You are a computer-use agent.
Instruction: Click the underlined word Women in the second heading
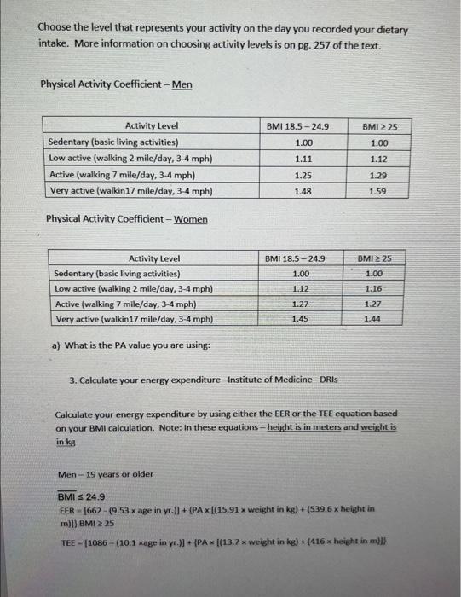[191, 219]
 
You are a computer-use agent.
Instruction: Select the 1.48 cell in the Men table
[303, 191]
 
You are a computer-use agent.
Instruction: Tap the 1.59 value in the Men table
[378, 191]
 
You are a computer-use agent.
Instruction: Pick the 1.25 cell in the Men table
[303, 175]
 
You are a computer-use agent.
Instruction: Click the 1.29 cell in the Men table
[378, 175]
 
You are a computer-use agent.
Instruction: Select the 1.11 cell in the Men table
[303, 159]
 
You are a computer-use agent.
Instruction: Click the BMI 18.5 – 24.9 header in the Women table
[295, 258]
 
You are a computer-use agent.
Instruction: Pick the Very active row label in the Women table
[121, 320]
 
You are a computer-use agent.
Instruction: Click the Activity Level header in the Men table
[152, 126]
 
